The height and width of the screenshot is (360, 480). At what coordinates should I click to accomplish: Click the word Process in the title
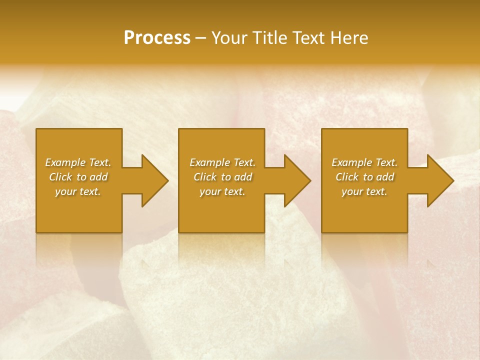157,38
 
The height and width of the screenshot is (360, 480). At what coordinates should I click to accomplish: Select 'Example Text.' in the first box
78,162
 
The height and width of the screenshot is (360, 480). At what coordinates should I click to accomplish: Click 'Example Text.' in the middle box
222,162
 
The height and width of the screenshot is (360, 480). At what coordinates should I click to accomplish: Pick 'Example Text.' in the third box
364,162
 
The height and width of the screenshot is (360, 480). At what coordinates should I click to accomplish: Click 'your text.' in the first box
78,191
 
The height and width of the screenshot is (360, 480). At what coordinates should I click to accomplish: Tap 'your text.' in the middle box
222,191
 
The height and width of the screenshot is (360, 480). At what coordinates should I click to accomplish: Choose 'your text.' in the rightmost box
364,191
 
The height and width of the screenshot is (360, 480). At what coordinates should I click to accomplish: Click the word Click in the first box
61,177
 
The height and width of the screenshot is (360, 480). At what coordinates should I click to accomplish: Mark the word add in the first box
99,177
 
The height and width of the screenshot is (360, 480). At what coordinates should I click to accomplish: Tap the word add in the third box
385,177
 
